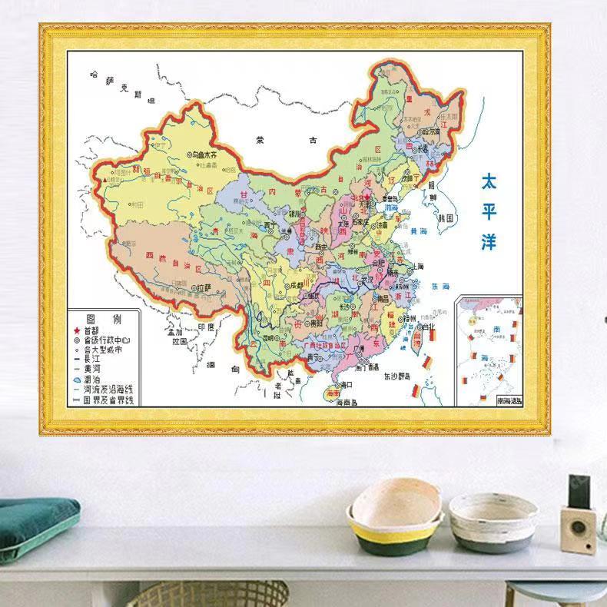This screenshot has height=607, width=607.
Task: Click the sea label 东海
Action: click(x=441, y=285)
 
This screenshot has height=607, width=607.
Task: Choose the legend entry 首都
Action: click(x=93, y=330)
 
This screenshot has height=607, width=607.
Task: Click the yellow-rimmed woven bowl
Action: click(x=395, y=515)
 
